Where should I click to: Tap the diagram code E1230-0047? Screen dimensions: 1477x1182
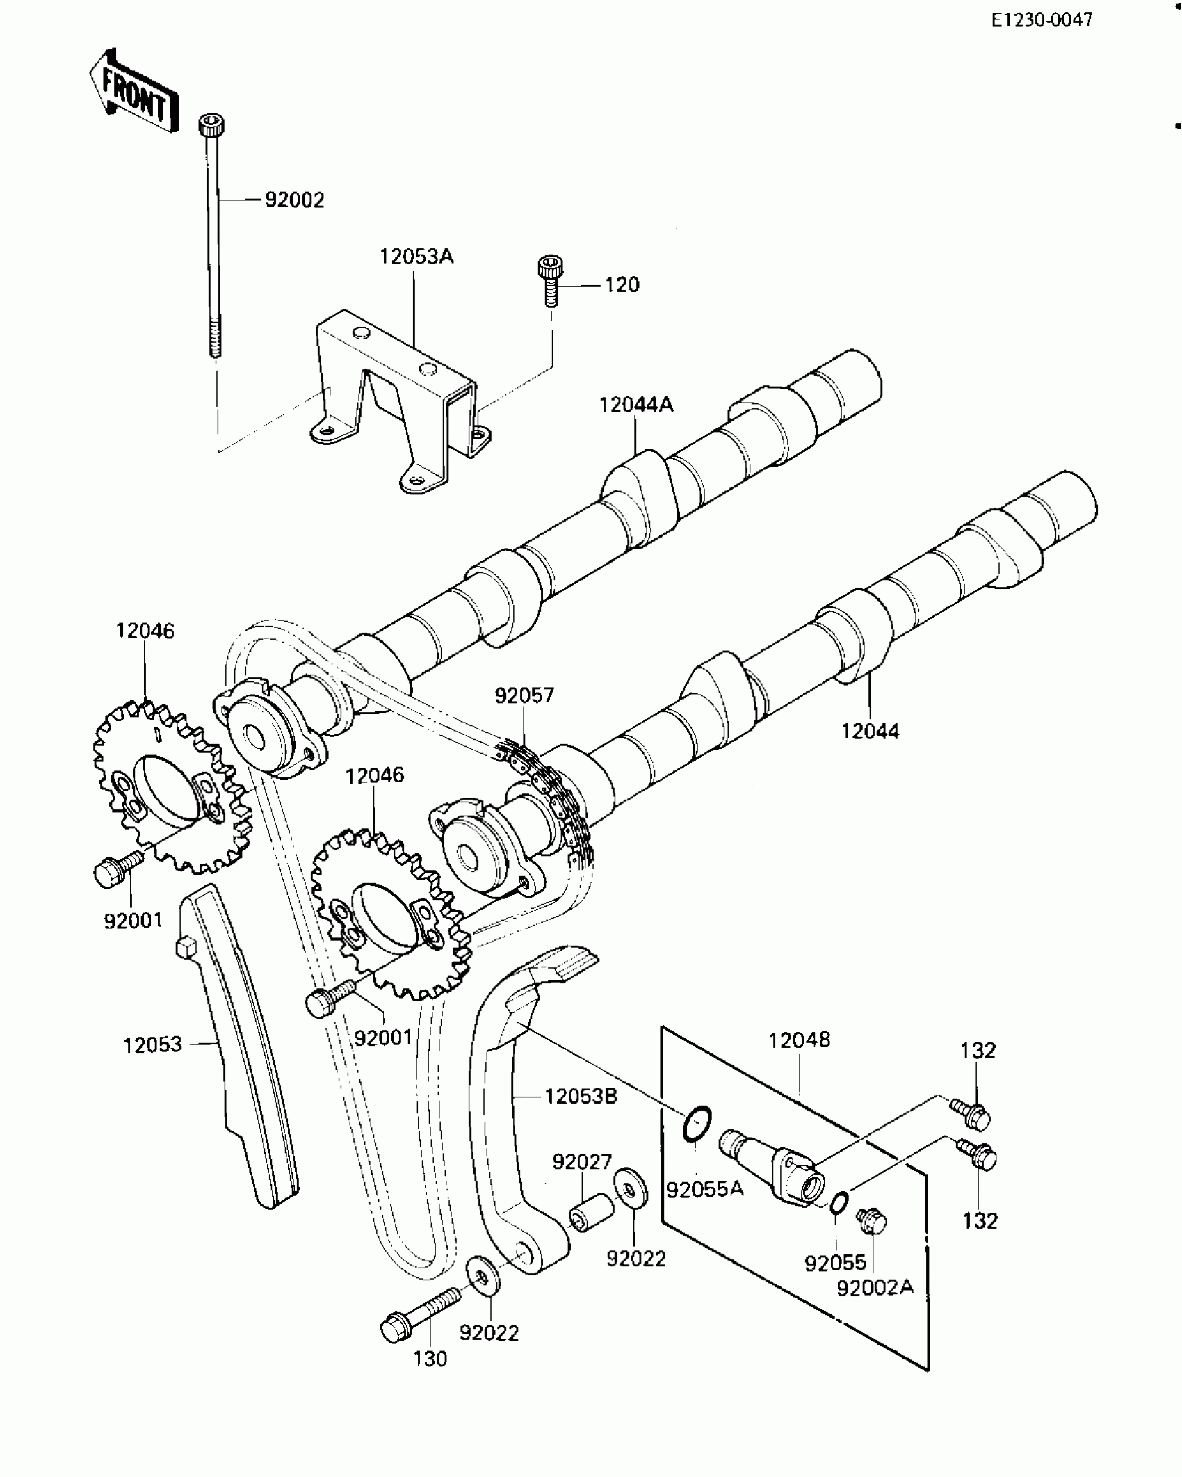coord(1042,20)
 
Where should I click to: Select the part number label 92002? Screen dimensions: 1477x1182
coord(294,200)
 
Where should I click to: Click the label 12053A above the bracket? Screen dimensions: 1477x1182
coord(416,257)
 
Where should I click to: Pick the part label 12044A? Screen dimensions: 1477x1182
coord(636,405)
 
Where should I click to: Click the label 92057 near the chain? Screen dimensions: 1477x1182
coord(524,695)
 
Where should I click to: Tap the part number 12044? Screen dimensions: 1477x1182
coord(870,731)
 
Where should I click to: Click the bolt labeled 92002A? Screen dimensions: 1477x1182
coord(872,1221)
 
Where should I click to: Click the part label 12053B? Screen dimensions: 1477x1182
coord(581,1097)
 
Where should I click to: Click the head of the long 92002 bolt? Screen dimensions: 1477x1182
coord(212,127)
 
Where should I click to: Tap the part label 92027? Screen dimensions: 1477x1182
coord(582,1161)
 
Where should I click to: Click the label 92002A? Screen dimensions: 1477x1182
coord(875,1287)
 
